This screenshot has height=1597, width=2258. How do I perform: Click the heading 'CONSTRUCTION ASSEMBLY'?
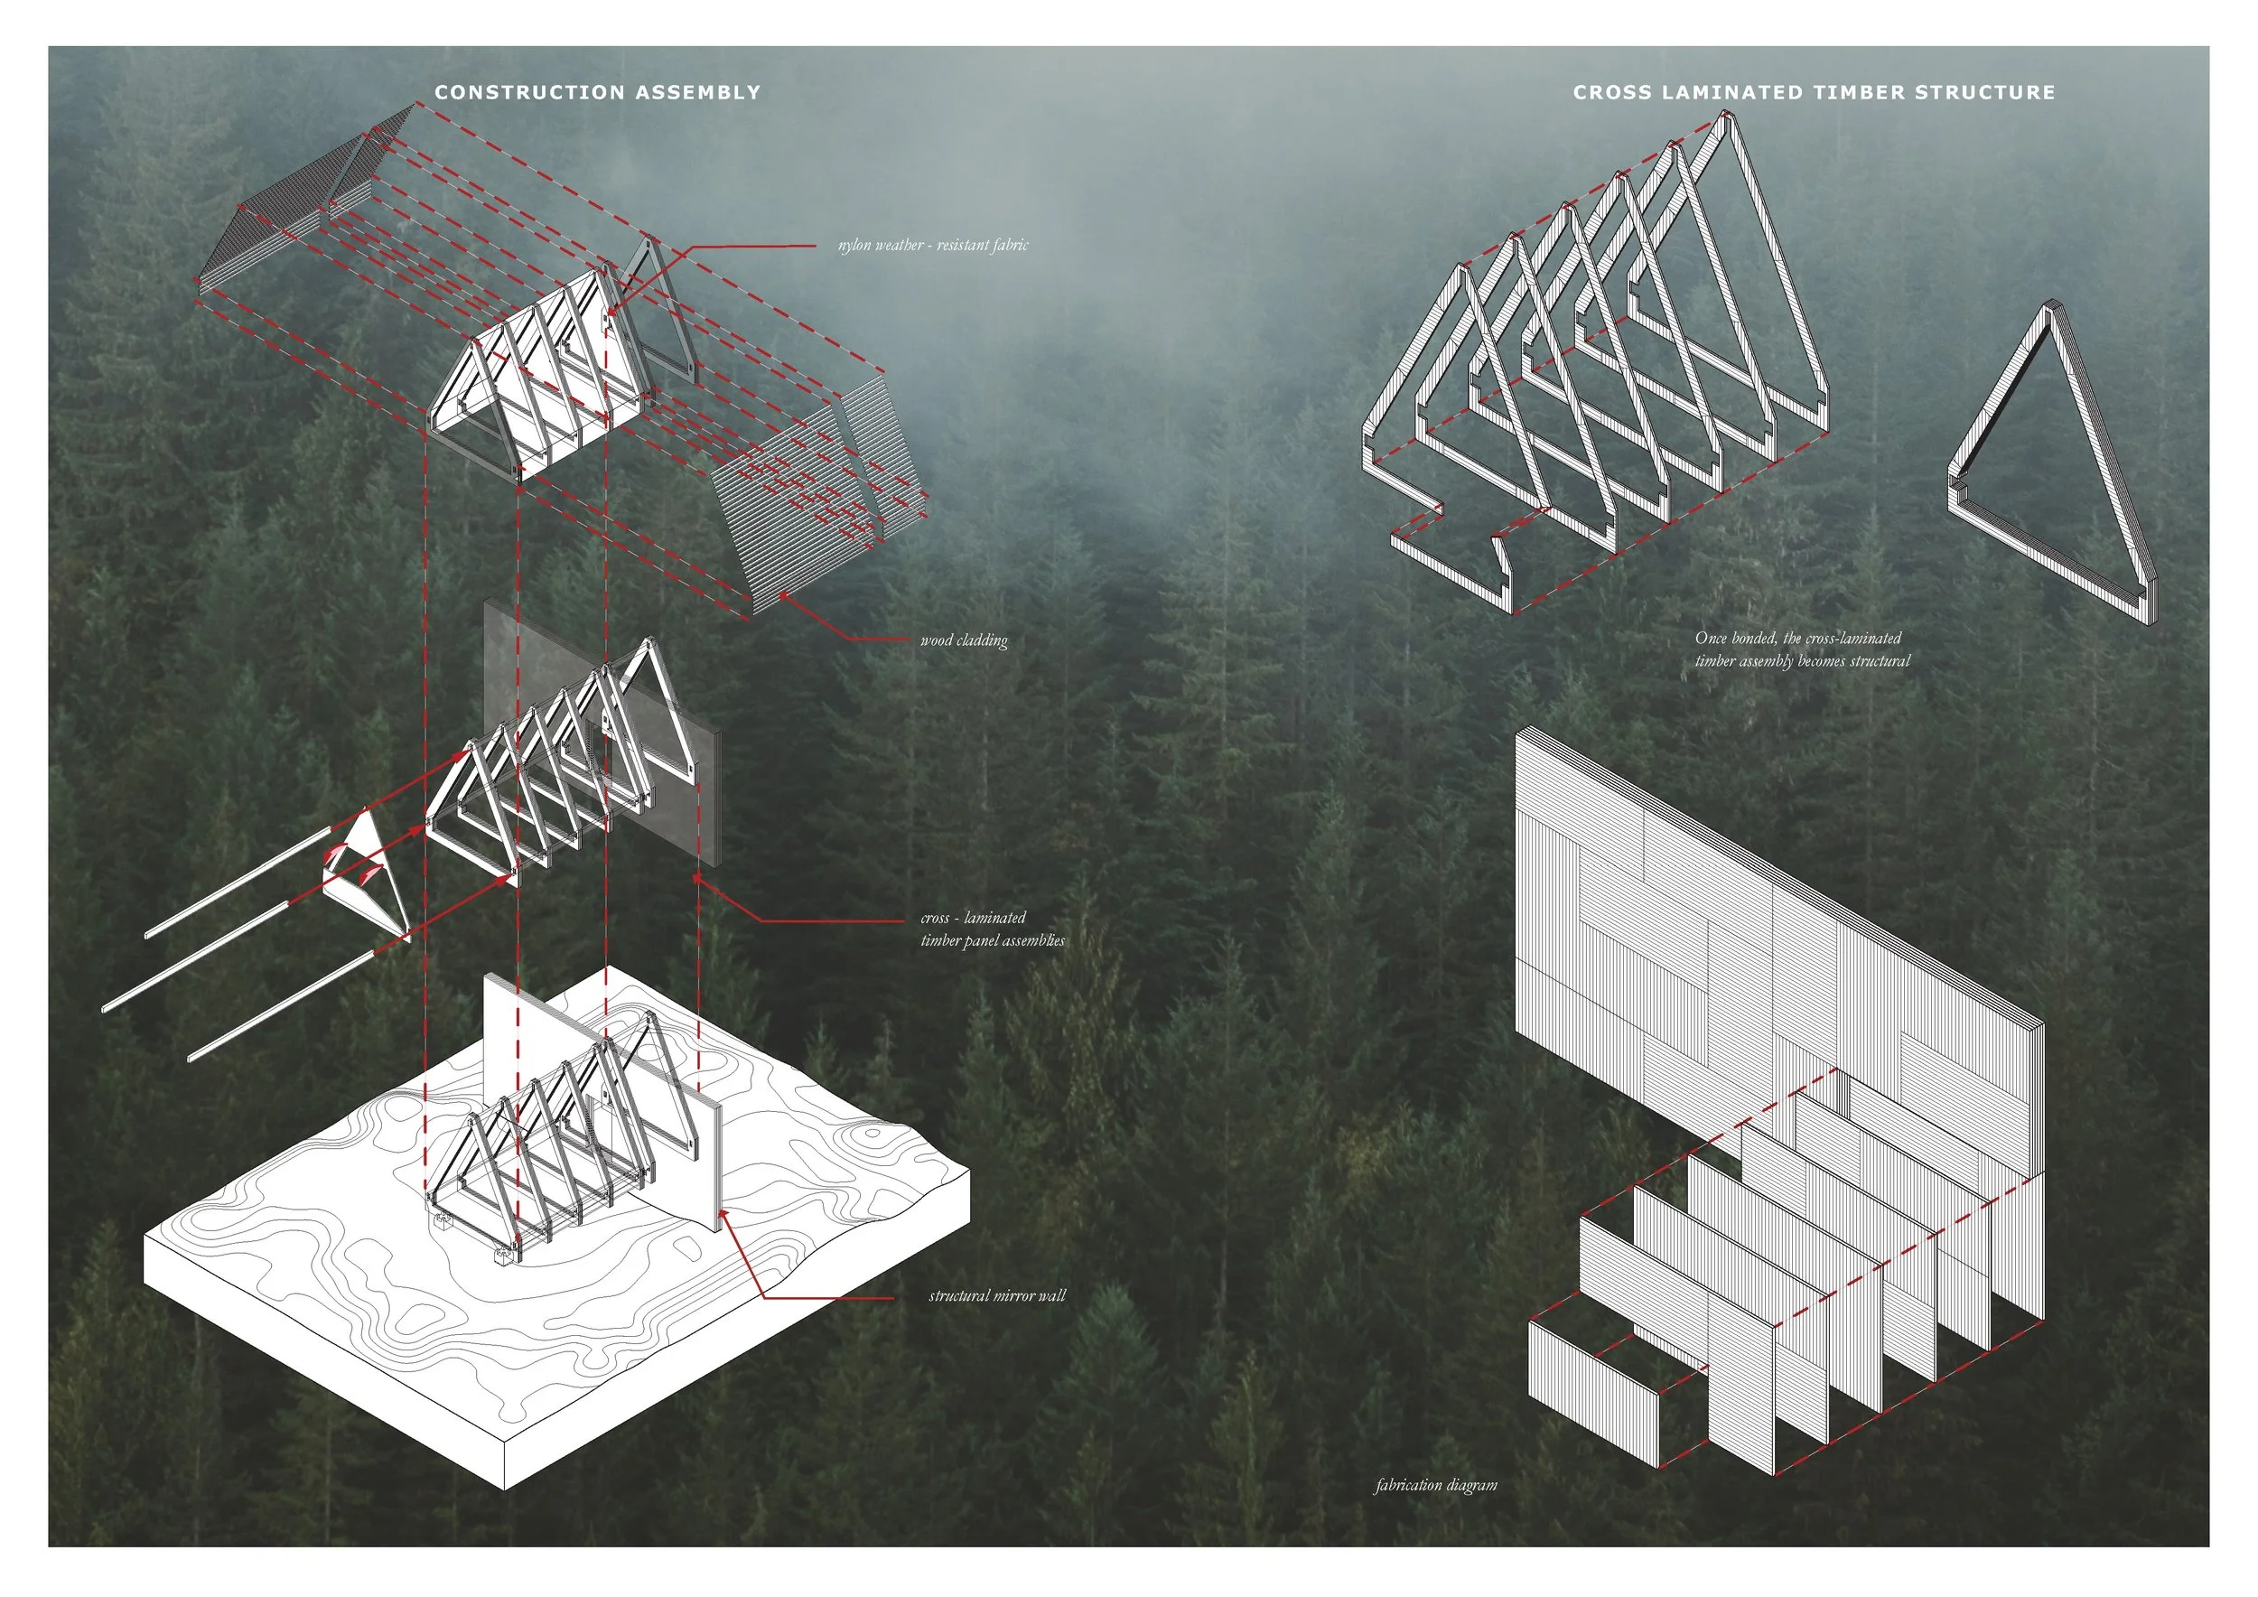(597, 92)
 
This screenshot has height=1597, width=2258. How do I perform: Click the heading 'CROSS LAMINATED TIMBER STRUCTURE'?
(1815, 92)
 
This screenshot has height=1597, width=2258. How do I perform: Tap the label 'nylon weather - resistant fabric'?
(932, 245)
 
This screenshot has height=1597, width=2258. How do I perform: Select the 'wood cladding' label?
(964, 640)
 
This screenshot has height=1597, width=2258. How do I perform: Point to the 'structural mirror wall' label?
(996, 1296)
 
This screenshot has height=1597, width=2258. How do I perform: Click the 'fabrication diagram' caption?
(1436, 1485)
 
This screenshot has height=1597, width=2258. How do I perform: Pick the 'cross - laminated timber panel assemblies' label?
(992, 929)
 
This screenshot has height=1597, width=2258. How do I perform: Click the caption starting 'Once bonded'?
(1802, 650)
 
